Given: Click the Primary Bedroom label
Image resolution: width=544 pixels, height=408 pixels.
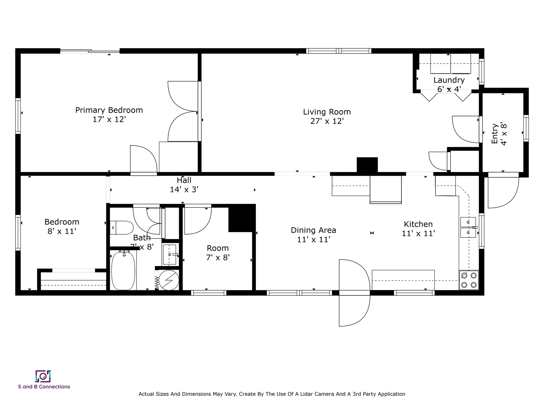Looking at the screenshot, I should pos(109,110).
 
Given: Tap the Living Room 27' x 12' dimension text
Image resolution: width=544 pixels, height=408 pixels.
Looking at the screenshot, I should pos(327,121).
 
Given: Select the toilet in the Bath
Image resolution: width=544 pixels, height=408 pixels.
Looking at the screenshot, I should pos(122,228).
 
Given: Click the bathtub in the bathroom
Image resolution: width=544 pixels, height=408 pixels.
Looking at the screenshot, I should pos(123,271).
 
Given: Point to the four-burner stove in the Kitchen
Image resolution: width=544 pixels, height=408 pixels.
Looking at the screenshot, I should pos(469,280).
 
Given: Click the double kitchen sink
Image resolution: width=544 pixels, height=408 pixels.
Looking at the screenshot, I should pos(468,227).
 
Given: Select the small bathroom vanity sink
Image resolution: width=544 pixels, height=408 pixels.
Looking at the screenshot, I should pos(170,254).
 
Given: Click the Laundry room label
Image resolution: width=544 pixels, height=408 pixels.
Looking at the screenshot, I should pos(449,80).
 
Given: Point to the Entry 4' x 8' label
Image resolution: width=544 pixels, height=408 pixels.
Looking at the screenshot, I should pos(499,134).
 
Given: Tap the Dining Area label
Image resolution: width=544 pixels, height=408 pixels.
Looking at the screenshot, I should pos(313,230).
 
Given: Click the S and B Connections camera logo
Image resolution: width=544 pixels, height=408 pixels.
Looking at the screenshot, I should pos(43,376).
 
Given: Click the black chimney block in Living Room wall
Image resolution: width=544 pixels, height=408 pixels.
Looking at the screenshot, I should pos(367,165).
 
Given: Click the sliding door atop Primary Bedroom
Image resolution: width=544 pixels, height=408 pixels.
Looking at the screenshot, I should pos(90,51).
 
